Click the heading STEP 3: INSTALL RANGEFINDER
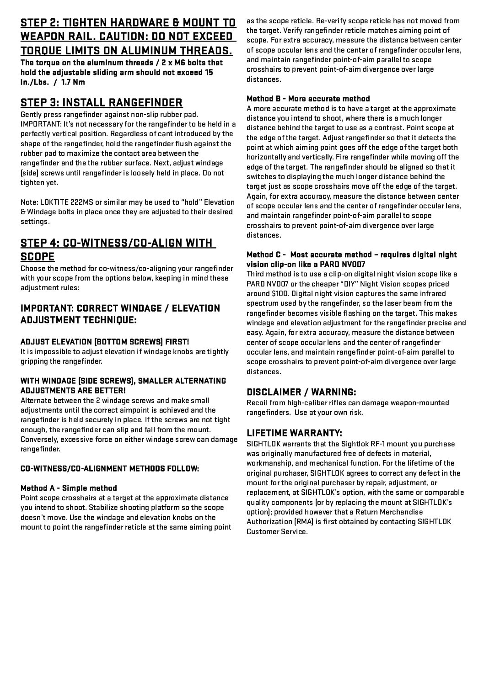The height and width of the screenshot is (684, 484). [x=102, y=102]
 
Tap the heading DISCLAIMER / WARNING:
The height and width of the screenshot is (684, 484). [x=301, y=392]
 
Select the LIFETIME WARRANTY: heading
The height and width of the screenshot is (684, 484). [x=294, y=433]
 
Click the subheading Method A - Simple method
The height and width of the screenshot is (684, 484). [x=69, y=488]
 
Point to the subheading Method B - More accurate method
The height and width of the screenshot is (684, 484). [x=308, y=99]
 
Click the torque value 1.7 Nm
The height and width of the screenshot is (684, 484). [x=73, y=82]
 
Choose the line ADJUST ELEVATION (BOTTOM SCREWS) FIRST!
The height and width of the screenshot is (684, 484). [x=104, y=342]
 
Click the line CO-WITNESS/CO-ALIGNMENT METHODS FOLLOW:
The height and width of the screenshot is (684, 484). [x=109, y=468]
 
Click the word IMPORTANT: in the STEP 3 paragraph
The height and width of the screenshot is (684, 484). [x=38, y=124]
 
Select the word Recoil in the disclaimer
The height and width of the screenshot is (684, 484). [x=257, y=403]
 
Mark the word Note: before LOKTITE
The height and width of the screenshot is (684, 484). [x=29, y=202]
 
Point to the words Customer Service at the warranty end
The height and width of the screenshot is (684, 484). [x=277, y=532]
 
